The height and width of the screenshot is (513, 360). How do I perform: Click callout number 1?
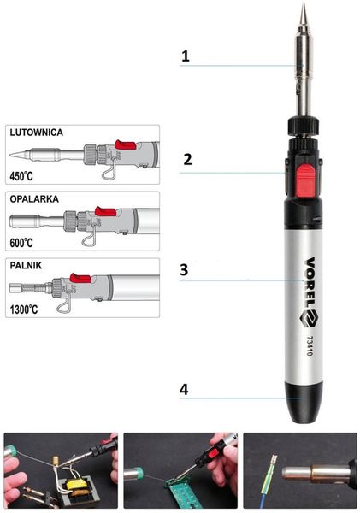point(186,57)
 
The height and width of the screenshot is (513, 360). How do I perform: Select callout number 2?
point(187,159)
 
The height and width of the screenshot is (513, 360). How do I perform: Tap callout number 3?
point(184,268)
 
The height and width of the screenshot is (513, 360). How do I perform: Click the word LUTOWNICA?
point(36,133)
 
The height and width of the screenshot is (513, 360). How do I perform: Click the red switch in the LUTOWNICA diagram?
point(125,145)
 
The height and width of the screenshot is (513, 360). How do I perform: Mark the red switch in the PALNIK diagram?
point(81,277)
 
